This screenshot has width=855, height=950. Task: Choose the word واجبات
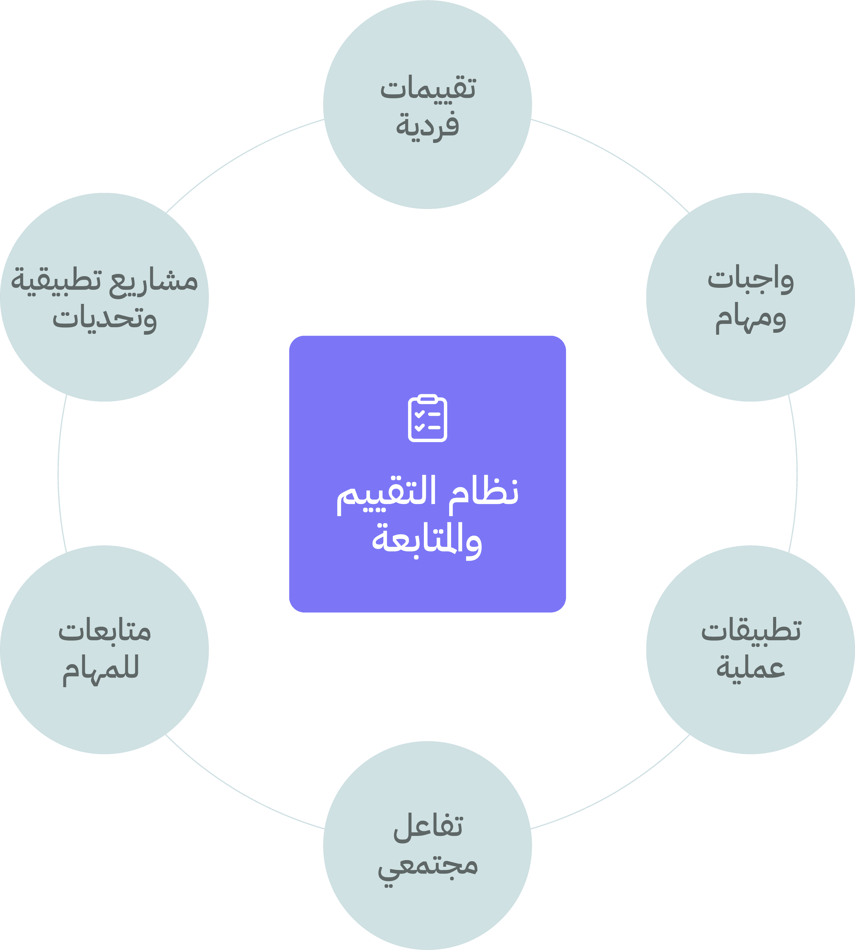coord(750,280)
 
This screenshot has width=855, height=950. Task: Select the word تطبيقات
coord(751,631)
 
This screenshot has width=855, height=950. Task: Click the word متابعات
coord(104,632)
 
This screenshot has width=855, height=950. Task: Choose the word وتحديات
coord(104,319)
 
